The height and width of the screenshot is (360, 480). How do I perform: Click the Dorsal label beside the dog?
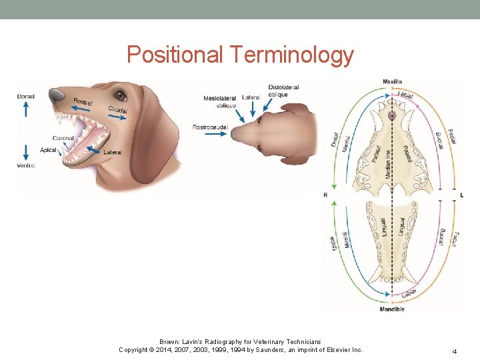pyautogui.click(x=26, y=97)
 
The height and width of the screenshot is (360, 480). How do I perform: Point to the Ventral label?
pyautogui.click(x=25, y=165)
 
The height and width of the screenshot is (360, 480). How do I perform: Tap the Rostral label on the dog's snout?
pyautogui.click(x=83, y=102)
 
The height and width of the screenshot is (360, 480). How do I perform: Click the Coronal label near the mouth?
pyautogui.click(x=63, y=138)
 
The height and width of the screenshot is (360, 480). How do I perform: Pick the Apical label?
pyautogui.click(x=48, y=150)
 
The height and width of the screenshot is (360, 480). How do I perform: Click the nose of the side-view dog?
pyautogui.click(x=57, y=94)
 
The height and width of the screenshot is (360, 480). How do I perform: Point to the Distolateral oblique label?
pyautogui.click(x=283, y=91)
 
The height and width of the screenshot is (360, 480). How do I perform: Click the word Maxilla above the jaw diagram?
pyautogui.click(x=392, y=82)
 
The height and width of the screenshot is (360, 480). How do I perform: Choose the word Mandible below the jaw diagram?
pyautogui.click(x=392, y=309)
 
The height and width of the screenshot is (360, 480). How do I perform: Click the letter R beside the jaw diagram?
pyautogui.click(x=325, y=195)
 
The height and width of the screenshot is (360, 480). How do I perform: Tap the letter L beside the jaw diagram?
pyautogui.click(x=462, y=195)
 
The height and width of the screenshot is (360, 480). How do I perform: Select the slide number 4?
pyautogui.click(x=454, y=351)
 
